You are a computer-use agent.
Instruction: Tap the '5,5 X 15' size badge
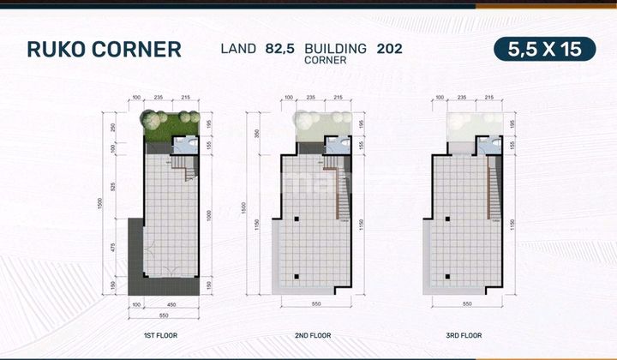(x=544, y=49)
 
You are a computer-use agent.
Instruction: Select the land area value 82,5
(x=280, y=48)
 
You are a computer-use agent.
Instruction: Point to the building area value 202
(x=390, y=48)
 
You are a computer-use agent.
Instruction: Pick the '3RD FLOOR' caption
(x=464, y=335)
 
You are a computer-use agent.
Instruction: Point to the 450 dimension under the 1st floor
(x=171, y=303)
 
